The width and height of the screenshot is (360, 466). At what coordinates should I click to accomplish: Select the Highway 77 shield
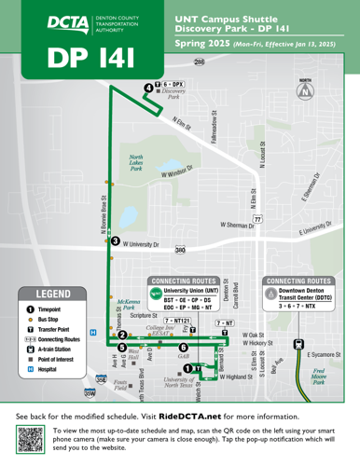point(256,217)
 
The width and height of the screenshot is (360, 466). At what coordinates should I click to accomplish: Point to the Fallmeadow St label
point(214,130)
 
